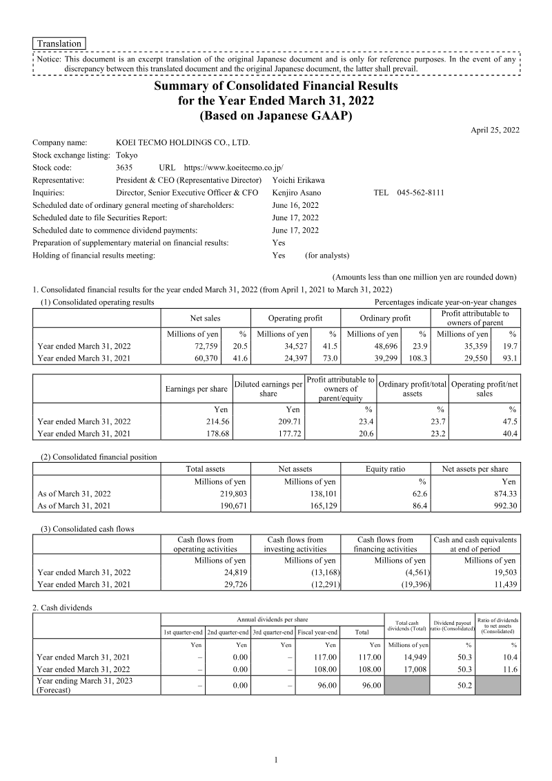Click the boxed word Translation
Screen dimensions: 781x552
coord(59,44)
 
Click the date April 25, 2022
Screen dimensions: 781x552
coord(495,130)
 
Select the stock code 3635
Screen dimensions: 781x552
coord(125,167)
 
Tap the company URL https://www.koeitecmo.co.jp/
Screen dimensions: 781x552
coord(234,167)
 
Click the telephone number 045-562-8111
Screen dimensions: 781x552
coord(421,192)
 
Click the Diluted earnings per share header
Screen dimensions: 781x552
coord(268,389)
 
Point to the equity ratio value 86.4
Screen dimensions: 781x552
coord(412,505)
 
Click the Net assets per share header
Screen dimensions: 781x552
coord(475,469)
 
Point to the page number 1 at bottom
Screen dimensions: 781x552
coord(276,760)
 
